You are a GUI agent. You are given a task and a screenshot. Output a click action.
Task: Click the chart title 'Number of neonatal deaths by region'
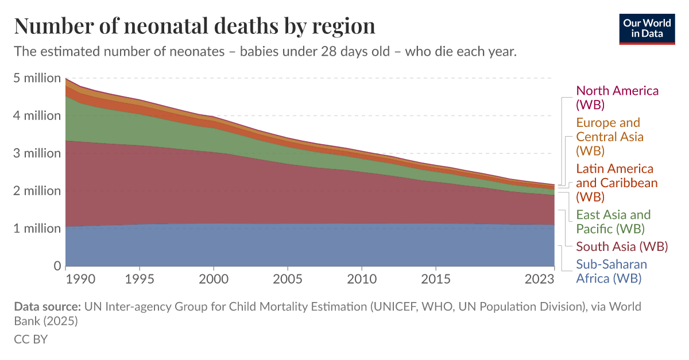coord(195,26)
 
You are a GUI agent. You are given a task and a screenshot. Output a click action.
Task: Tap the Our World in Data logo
coord(647,27)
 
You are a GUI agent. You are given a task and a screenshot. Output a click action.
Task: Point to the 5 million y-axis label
coord(37,78)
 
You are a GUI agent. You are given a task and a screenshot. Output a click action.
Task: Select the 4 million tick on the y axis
coord(37,115)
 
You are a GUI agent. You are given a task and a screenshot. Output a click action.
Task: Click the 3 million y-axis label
coord(37,153)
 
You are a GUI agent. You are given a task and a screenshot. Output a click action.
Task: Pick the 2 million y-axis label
coord(37,191)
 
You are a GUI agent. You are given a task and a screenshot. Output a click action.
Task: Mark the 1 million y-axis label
coord(37,229)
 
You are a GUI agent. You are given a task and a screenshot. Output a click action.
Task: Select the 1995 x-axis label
coord(140,280)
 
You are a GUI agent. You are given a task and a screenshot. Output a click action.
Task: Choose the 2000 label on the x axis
coord(214,280)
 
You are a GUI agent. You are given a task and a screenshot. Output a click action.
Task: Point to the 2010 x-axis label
coord(361,280)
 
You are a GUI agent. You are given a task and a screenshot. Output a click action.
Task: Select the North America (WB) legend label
coord(617,98)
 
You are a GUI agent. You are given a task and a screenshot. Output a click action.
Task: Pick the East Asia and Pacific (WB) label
coord(613,222)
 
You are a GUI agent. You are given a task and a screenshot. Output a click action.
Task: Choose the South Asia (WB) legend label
coord(622,247)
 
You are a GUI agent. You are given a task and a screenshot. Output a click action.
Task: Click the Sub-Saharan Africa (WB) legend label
coord(611,272)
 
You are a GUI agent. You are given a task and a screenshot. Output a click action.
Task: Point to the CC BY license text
coord(30,339)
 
